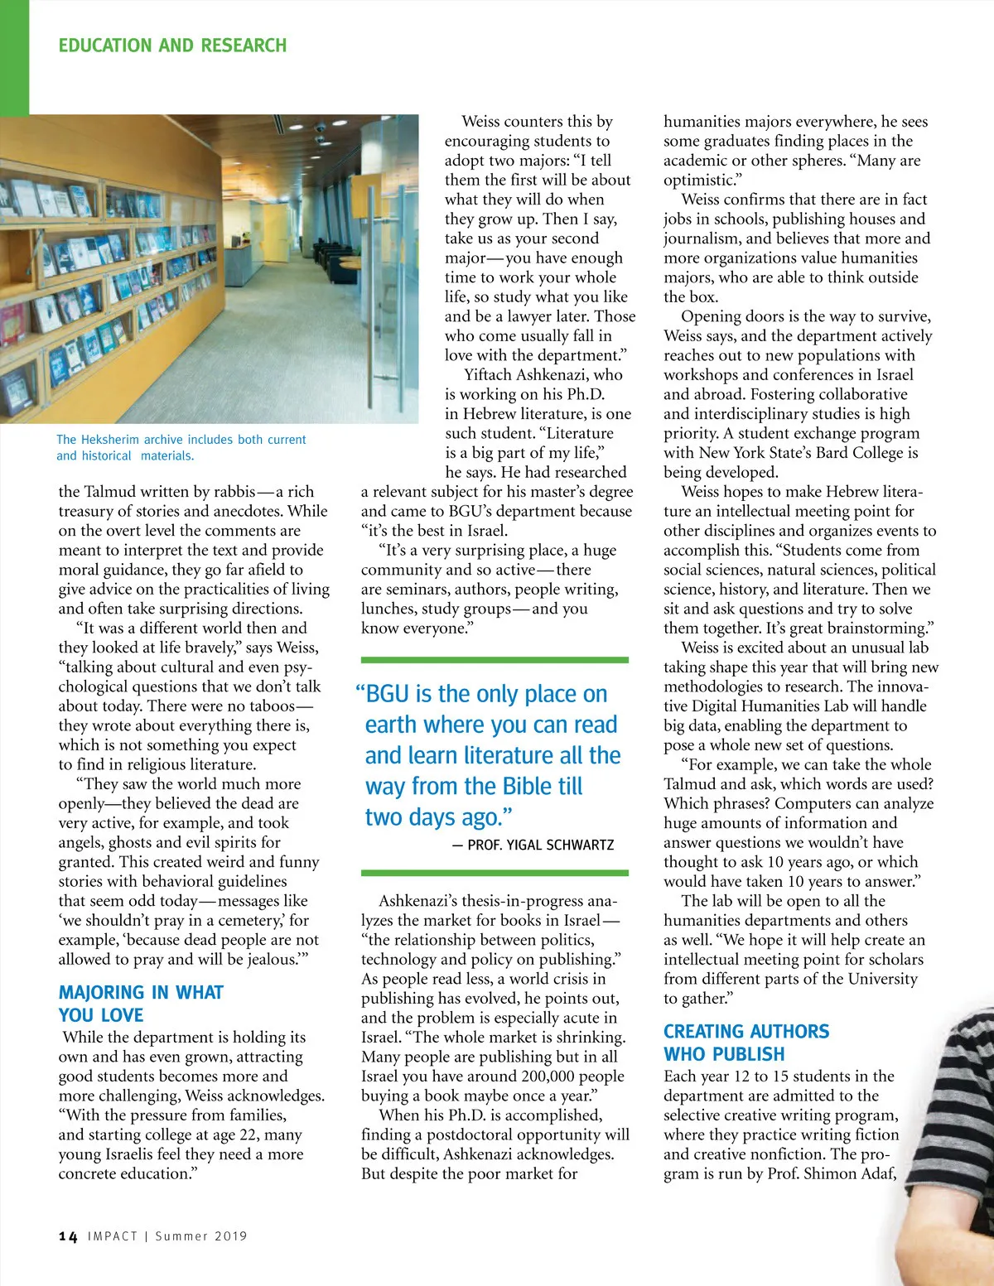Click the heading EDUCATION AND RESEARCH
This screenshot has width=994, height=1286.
tap(172, 46)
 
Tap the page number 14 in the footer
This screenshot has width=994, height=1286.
tap(68, 1236)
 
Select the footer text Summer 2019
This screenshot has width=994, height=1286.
tap(201, 1236)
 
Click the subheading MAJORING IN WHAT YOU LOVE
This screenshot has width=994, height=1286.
tap(141, 1004)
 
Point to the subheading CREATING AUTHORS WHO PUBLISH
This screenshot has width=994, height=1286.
tap(745, 1043)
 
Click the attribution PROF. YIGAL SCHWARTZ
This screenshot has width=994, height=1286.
tap(541, 845)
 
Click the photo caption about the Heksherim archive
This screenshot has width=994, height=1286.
tap(181, 447)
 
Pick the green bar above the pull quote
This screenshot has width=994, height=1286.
tap(495, 660)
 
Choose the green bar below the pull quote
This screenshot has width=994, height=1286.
tap(495, 873)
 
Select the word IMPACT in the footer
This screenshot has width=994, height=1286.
tap(113, 1236)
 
